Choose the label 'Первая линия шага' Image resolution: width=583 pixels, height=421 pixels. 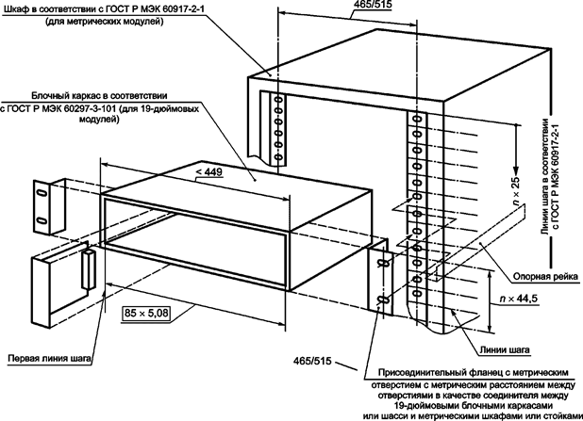(48, 358)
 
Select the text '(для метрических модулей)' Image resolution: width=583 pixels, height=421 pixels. (102, 22)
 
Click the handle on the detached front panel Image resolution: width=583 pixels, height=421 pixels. (86, 270)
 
